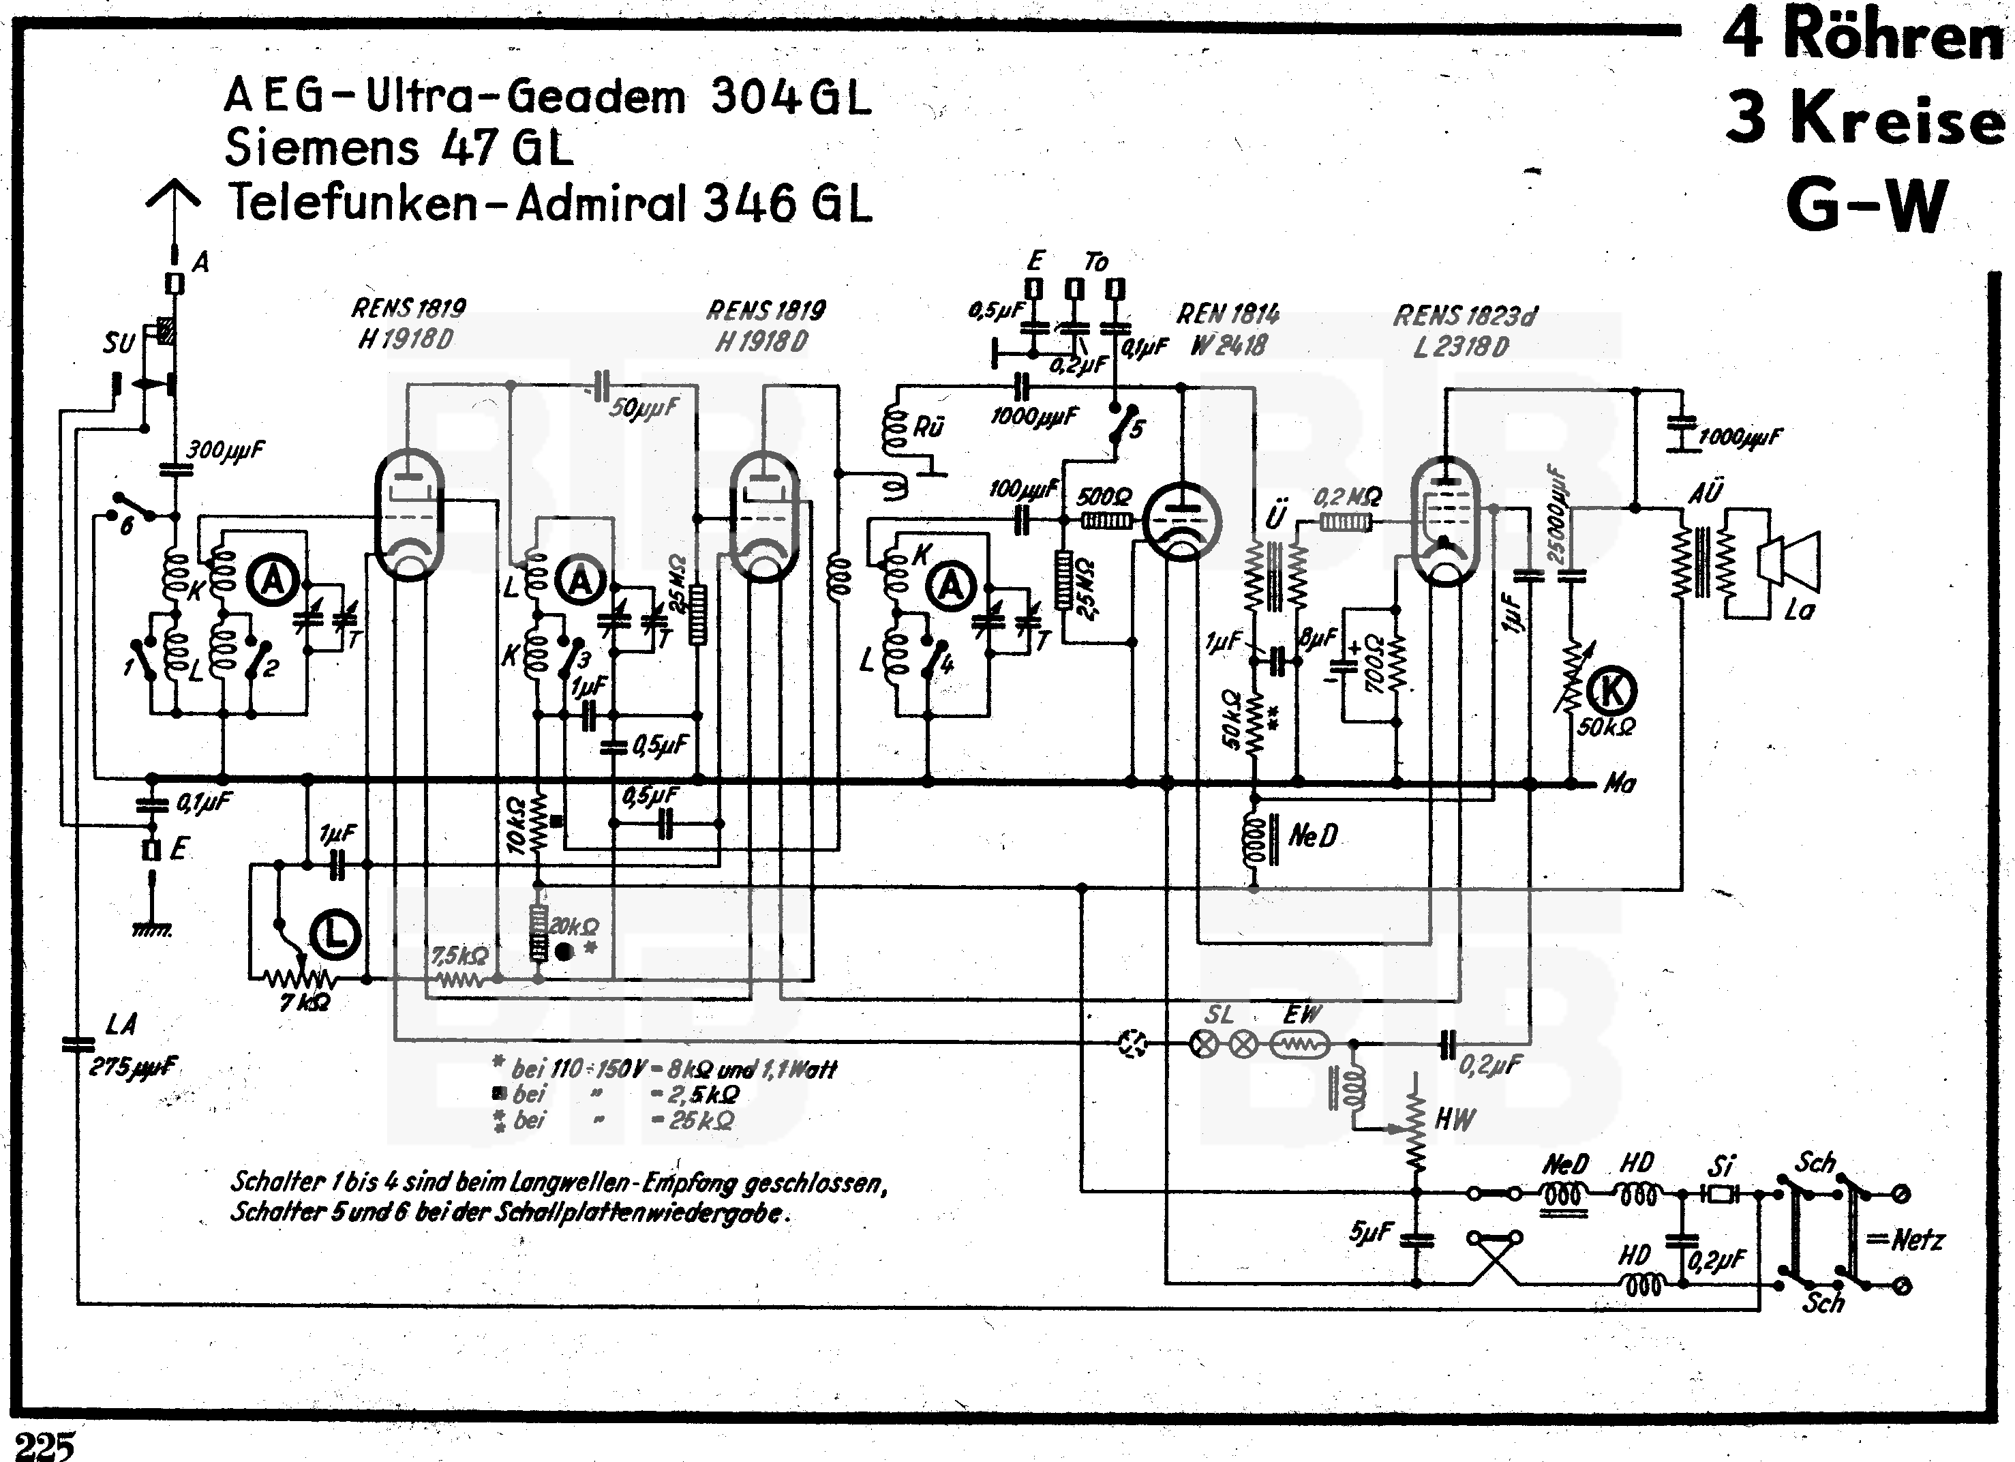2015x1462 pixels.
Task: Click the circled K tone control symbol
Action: point(1611,691)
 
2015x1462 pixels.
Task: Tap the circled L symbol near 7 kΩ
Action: point(335,934)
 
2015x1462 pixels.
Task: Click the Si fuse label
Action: point(1721,1165)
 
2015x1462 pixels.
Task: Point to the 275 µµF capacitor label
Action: point(134,1066)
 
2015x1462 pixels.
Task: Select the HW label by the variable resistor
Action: point(1455,1119)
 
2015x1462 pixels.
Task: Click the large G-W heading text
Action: point(1866,205)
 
